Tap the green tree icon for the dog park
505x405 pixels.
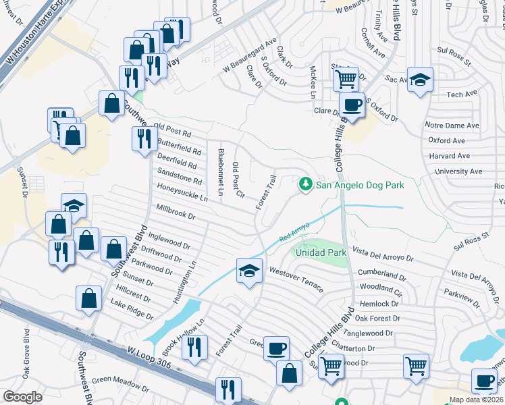(306, 184)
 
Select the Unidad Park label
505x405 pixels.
(321, 252)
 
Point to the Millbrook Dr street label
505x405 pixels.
(176, 213)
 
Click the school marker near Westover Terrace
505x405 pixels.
(249, 271)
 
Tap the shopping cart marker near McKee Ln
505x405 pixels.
(346, 78)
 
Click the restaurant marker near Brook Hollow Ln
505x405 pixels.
(194, 348)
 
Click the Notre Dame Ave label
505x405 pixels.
(452, 126)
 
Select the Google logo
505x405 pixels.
(22, 397)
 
